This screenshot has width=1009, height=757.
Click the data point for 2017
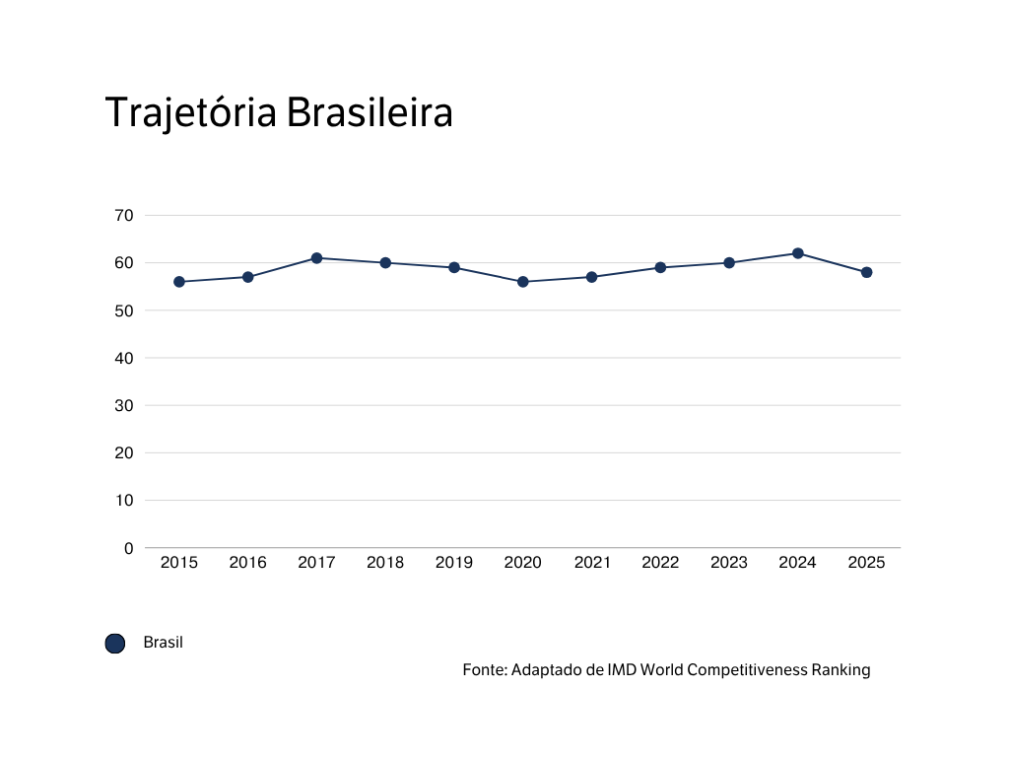(x=316, y=258)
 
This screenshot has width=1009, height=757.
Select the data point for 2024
(x=798, y=253)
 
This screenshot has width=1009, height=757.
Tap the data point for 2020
(x=523, y=282)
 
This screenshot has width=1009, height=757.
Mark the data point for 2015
(x=179, y=282)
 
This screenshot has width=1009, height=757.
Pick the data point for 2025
(x=866, y=272)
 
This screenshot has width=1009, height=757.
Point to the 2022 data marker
(x=660, y=267)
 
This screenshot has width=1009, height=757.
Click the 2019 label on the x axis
(x=454, y=563)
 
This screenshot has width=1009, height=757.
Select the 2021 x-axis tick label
(x=591, y=563)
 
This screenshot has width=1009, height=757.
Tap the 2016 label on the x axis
(x=247, y=563)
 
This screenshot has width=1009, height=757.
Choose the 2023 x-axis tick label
(x=729, y=563)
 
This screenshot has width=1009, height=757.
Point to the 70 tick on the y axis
(x=124, y=215)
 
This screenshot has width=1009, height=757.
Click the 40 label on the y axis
(x=124, y=358)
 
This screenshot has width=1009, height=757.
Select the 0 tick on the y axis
(x=128, y=548)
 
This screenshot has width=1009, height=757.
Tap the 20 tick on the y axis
(x=124, y=453)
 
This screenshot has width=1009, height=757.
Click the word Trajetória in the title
(x=191, y=113)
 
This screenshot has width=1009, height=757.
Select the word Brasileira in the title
(x=370, y=113)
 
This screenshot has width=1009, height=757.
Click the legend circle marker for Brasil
(x=115, y=644)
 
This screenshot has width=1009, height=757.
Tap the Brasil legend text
(x=164, y=643)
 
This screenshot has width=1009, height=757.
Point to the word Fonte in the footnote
(x=484, y=670)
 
